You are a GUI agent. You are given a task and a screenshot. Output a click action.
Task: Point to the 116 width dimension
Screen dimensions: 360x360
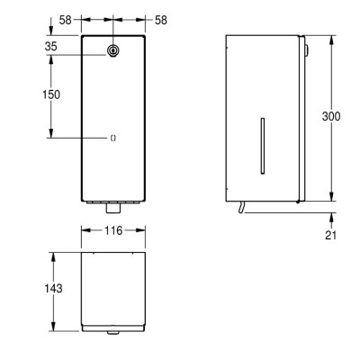[x=113, y=232]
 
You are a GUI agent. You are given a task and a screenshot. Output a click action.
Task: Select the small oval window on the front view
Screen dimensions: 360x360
[x=113, y=138]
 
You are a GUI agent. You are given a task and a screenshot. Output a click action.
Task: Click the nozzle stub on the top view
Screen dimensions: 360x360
[x=113, y=333]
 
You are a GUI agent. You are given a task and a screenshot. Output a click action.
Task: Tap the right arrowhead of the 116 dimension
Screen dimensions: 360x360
[x=144, y=232]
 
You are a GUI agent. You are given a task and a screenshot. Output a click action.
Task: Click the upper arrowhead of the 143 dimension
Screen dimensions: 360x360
[x=54, y=254]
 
